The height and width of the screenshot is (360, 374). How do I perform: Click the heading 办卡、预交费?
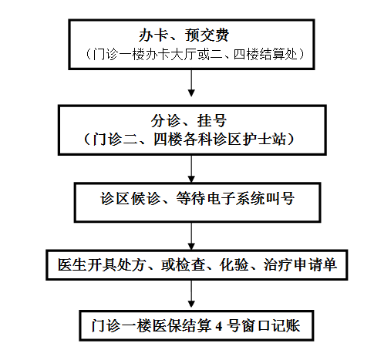[184, 35]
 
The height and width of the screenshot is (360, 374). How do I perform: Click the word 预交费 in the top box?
[207, 35]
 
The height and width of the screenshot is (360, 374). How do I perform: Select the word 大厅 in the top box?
[184, 55]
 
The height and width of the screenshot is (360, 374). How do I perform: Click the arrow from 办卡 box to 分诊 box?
[191, 83]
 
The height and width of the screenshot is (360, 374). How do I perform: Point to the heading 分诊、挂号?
[189, 120]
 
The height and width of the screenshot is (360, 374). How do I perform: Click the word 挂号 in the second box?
[212, 120]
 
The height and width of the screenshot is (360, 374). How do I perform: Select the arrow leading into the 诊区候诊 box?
[191, 169]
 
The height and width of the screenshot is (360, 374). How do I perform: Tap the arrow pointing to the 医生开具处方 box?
[191, 236]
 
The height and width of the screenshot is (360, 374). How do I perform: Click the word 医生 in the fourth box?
[72, 264]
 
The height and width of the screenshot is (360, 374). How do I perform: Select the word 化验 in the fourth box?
[234, 264]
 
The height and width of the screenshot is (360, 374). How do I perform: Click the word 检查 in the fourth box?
[190, 264]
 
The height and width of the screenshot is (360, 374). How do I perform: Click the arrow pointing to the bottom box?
[191, 294]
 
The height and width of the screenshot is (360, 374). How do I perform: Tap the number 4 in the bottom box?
[219, 326]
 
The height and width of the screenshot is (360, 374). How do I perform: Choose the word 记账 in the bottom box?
[286, 326]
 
